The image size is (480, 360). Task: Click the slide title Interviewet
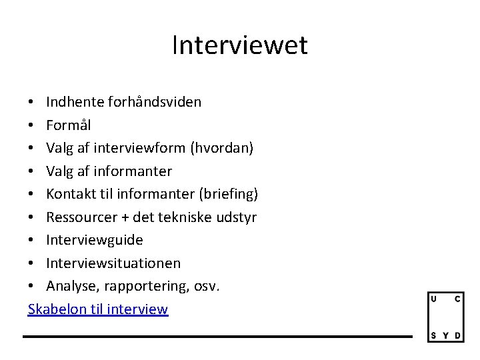(240, 45)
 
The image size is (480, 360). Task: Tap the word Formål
(69, 125)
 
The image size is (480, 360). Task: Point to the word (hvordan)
(222, 148)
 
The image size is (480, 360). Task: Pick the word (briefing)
(229, 194)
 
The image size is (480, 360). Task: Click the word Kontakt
(69, 194)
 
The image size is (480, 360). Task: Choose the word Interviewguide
(95, 240)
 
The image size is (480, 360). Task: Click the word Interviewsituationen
(113, 263)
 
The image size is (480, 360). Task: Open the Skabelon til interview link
(98, 309)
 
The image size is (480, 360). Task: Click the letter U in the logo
(434, 299)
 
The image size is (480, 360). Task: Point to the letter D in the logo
(457, 335)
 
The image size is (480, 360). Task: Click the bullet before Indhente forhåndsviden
(32, 103)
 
